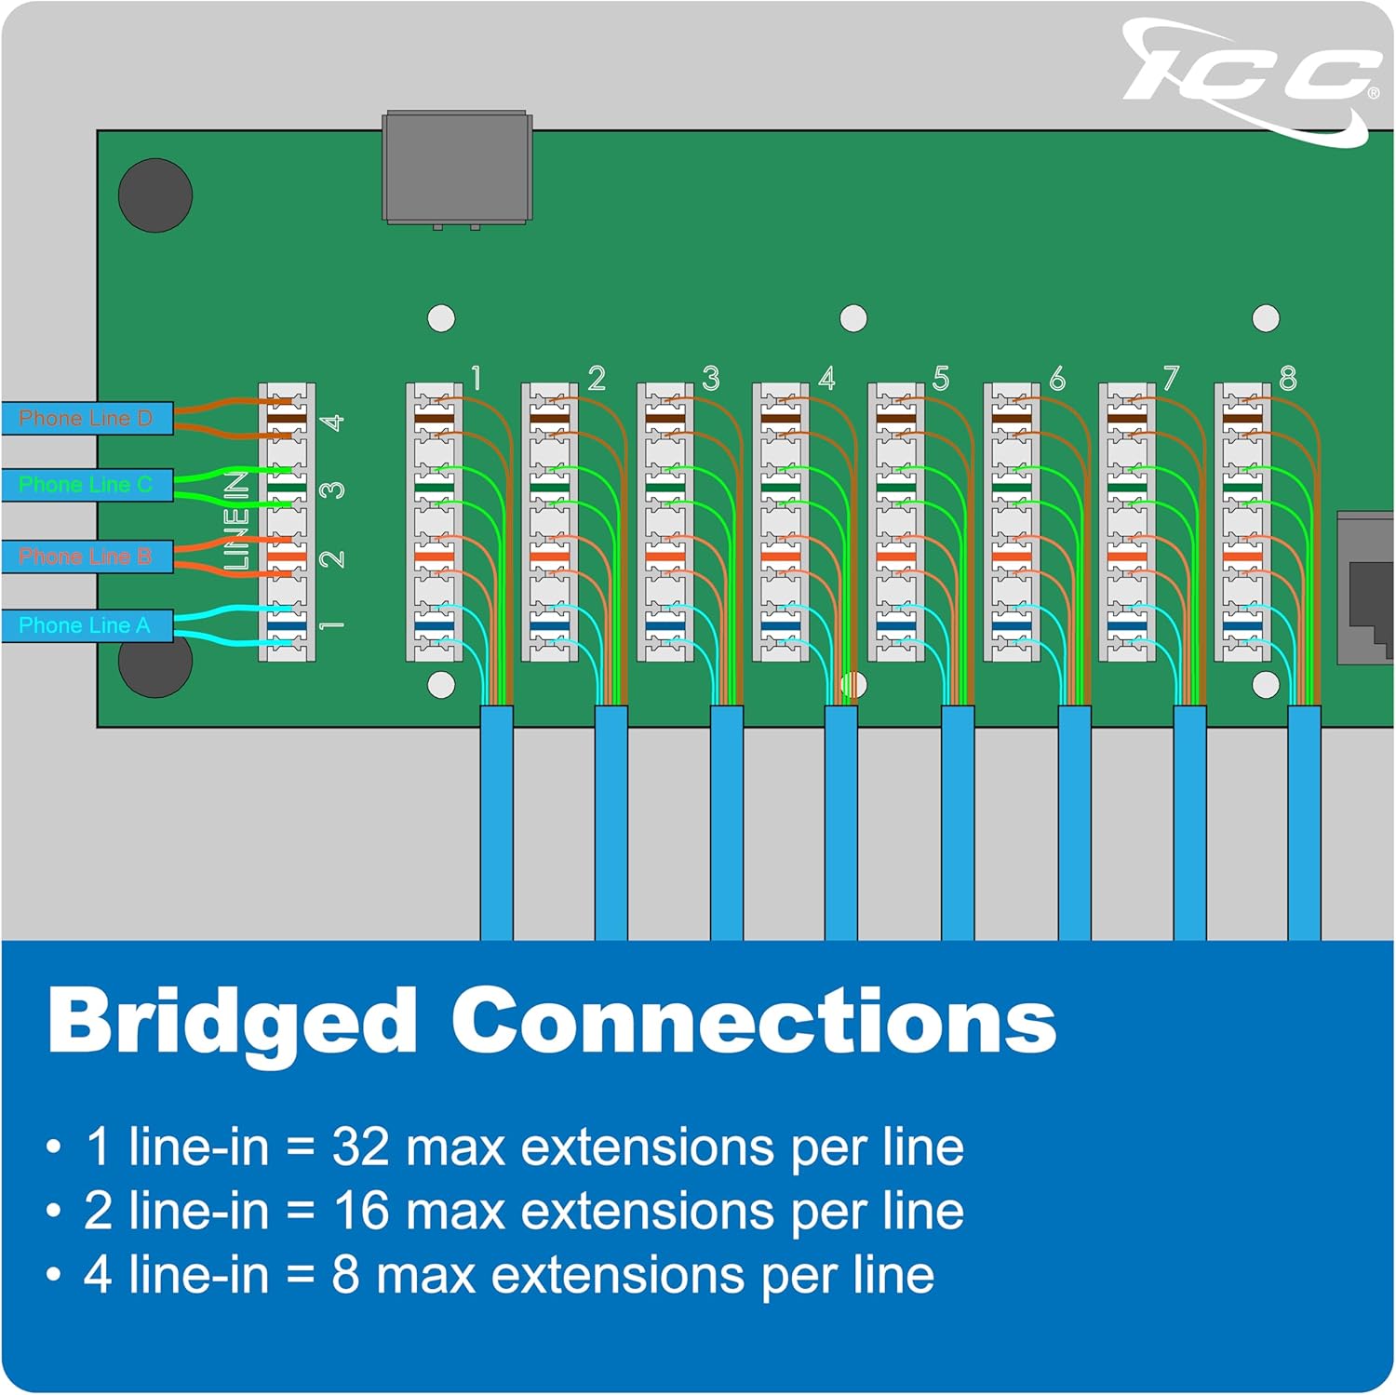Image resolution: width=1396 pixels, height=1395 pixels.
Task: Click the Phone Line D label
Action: (x=86, y=419)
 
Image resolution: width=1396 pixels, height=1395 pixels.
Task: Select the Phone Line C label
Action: (x=86, y=485)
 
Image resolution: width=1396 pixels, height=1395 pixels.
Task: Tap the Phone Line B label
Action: (x=86, y=557)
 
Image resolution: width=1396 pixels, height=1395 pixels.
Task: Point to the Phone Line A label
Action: (x=85, y=625)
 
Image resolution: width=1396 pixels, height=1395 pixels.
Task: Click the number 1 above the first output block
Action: (x=477, y=379)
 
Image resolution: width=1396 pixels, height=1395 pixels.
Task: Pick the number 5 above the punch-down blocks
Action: (x=941, y=379)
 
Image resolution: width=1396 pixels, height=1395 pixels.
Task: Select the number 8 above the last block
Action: (x=1288, y=379)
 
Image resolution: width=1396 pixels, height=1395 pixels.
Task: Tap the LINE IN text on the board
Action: (x=237, y=521)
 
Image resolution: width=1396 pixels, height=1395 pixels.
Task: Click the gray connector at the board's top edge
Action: (x=457, y=168)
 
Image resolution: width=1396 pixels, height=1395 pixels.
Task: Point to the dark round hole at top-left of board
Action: (x=155, y=195)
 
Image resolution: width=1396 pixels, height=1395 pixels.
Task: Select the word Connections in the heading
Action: (x=754, y=1021)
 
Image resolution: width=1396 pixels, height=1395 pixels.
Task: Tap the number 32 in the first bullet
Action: (x=360, y=1147)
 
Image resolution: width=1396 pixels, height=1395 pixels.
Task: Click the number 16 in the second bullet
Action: (x=360, y=1211)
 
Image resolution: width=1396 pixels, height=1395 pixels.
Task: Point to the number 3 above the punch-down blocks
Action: (x=711, y=379)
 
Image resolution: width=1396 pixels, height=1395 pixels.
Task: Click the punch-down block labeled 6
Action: (x=1012, y=522)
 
